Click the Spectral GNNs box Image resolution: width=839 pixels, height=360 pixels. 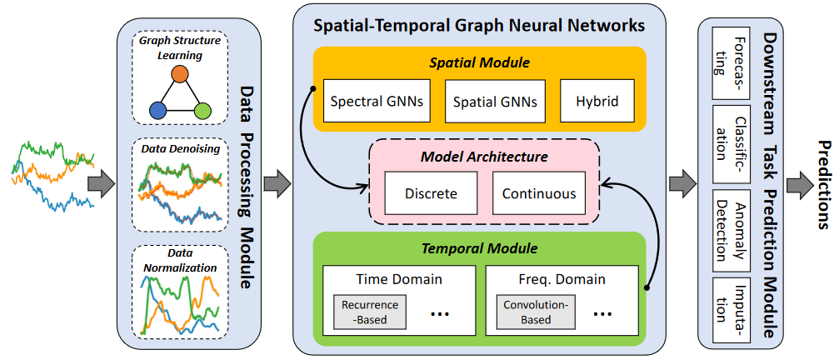pos(377,102)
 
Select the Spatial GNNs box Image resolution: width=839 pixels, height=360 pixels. pos(495,102)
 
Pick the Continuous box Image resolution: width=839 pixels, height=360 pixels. pos(539,193)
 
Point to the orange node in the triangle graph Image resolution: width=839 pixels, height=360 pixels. pos(179,75)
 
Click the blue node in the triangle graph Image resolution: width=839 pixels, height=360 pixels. pos(157,110)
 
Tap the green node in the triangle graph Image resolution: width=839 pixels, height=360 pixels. pos(201,110)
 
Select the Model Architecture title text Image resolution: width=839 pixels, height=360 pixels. pos(484,156)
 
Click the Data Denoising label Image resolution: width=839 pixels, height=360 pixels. pos(180,148)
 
